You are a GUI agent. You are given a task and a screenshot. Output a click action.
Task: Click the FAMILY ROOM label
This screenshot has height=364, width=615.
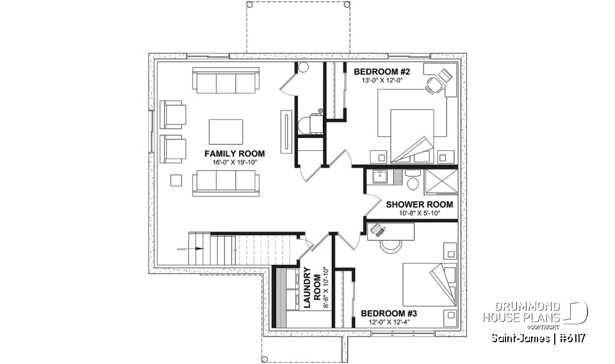pos(234,154)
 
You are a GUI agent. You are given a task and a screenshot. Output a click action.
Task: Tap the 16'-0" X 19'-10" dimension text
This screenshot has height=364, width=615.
pos(234,162)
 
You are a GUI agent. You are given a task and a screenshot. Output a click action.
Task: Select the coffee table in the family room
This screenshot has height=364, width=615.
pos(226,132)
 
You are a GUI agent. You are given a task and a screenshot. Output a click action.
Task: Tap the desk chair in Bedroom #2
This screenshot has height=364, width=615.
pos(434,83)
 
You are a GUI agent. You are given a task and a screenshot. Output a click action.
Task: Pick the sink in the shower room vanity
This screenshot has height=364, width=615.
pos(377,174)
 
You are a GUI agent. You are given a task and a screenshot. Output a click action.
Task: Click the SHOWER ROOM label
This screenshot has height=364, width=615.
pos(419,205)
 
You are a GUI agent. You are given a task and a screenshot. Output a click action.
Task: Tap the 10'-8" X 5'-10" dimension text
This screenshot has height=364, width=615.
pos(419,214)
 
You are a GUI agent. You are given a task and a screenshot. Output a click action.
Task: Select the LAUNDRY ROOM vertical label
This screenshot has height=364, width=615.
pos(311,288)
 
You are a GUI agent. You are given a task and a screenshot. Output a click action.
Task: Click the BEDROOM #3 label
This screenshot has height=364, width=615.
pos(389,313)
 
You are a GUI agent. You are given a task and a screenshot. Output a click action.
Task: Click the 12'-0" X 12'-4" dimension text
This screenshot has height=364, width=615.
pos(389,322)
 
